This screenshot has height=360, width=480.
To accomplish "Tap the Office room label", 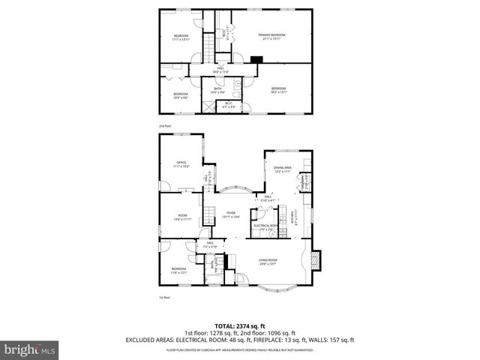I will pos(181,164).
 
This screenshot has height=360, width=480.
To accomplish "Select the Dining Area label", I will pos(282,170).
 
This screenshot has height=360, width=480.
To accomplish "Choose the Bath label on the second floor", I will pos(217,90).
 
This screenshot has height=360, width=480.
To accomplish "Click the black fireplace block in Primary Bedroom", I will pos(256,61).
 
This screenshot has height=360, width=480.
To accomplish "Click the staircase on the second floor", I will pos(203,51).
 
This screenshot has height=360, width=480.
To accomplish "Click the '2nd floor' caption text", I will pos(164,126).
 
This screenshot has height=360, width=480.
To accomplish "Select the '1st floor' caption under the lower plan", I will pos(164,298).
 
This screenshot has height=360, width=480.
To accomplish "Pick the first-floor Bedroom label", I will pos(178,270).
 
